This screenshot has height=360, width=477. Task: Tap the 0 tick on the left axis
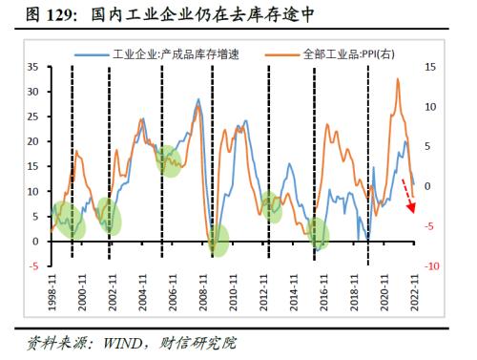[35, 241]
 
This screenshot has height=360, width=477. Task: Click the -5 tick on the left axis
[33, 265]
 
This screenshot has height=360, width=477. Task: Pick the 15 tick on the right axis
[430, 67]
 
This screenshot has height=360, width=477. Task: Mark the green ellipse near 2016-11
[319, 233]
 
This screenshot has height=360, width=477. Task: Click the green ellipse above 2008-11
[219, 240]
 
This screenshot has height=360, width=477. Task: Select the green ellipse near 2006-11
[169, 160]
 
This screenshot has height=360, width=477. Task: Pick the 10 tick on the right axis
[430, 107]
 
